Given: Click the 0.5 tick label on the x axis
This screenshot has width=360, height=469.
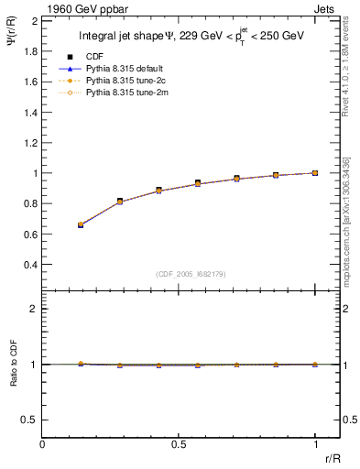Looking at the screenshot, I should [179, 443].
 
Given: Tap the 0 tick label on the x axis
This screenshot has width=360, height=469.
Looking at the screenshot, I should [43, 443].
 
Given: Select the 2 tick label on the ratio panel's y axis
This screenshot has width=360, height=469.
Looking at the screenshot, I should [34, 309].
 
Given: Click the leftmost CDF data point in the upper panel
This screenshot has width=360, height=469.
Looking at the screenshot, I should [81, 224].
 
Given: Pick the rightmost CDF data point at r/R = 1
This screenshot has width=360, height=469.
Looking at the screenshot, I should [315, 173].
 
